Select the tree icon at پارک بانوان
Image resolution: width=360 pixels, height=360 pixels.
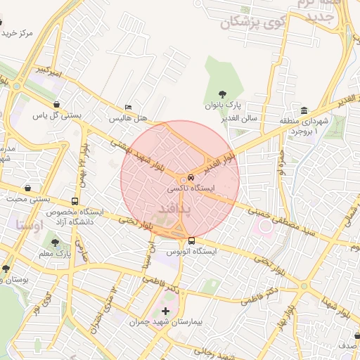[223, 94]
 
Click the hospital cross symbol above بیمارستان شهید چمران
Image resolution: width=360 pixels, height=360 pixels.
[165, 311]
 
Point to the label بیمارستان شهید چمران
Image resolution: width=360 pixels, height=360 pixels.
[166, 323]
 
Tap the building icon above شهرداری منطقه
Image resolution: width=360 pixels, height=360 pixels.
[303, 111]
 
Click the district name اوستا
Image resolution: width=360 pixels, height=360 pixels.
[30, 225]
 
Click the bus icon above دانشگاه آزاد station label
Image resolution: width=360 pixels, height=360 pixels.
[75, 202]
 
